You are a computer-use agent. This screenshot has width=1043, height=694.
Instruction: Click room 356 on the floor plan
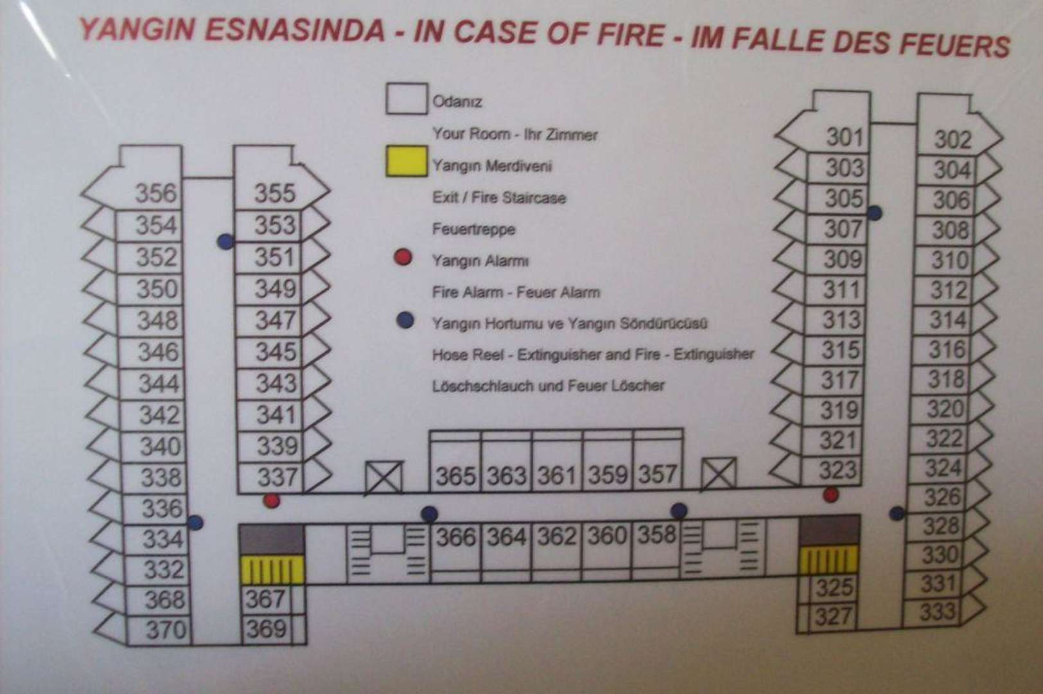click(155, 193)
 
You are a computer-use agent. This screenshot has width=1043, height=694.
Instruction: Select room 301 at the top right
click(844, 137)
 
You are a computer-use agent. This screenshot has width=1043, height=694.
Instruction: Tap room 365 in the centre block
click(455, 476)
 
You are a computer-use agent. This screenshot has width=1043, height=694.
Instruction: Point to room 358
click(656, 535)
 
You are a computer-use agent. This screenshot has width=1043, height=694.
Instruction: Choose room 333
click(937, 611)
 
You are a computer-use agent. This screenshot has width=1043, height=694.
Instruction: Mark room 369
click(265, 628)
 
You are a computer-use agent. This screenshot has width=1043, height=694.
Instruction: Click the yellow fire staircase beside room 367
click(272, 570)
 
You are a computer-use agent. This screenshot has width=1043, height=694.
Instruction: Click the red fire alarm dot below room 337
click(272, 501)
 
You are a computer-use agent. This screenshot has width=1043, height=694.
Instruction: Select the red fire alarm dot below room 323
click(831, 495)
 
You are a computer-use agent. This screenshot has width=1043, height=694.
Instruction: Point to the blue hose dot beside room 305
click(874, 213)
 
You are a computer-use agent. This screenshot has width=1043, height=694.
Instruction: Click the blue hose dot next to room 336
click(195, 522)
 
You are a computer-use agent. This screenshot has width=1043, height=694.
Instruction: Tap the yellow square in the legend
click(407, 161)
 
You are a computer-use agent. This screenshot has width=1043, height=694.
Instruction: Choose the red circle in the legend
click(403, 258)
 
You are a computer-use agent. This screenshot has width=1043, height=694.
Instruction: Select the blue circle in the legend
click(405, 319)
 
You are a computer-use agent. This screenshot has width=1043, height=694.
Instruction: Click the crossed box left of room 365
click(383, 478)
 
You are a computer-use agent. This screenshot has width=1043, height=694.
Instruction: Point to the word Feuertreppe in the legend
click(473, 229)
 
